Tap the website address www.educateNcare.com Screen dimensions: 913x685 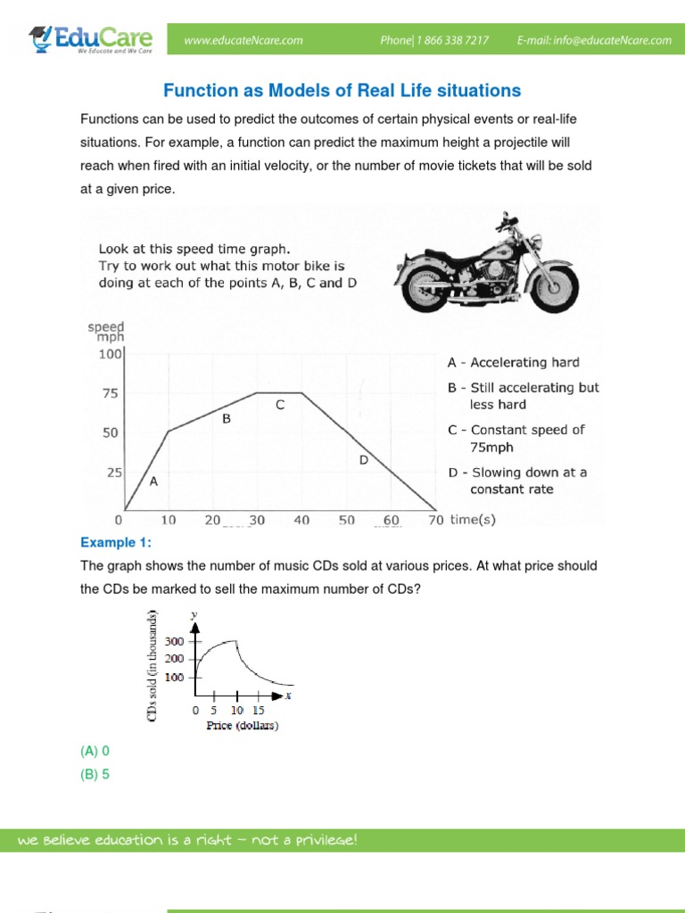243,40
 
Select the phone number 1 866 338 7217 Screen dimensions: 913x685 434,40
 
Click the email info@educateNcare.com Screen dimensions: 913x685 594,40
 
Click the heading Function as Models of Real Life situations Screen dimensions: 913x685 342,91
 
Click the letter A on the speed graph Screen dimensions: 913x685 153,481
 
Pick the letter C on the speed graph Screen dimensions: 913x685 279,406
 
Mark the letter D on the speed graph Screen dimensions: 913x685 363,460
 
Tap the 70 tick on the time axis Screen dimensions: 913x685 435,521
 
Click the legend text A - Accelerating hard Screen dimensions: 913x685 513,363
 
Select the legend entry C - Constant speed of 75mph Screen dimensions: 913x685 516,439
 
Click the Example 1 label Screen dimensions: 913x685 116,543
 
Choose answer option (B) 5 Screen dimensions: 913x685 95,775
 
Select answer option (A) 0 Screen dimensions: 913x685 95,752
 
